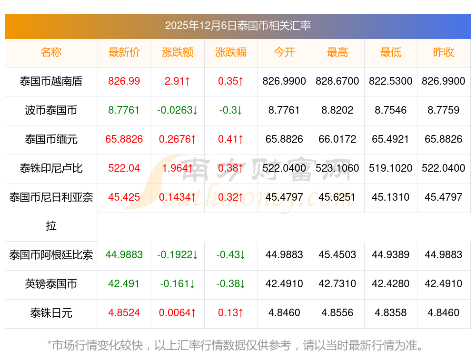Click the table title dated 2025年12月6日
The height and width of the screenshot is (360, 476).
point(238,26)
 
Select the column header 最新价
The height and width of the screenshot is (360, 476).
point(124,52)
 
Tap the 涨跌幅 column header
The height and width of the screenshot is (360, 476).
point(231,52)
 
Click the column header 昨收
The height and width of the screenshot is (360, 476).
point(444,52)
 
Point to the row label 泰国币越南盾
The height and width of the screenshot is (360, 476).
point(51,81)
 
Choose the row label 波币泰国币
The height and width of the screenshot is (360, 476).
point(51,110)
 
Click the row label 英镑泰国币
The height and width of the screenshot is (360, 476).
point(51,284)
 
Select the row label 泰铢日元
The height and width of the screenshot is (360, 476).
point(51,313)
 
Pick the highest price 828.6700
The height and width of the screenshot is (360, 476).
point(337,81)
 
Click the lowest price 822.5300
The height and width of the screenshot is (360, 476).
point(391,81)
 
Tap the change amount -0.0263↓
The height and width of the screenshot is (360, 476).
point(178,110)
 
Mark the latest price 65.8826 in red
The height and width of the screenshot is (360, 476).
point(124,139)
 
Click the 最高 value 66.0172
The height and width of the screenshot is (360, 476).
point(337,139)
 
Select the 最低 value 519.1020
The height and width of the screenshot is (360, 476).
point(391,168)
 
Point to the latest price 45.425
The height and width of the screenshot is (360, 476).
point(124,197)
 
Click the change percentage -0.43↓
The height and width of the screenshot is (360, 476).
point(231,255)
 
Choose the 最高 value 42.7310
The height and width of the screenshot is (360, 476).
point(337,284)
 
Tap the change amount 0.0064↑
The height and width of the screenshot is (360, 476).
point(178,313)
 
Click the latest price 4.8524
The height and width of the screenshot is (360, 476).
point(124,313)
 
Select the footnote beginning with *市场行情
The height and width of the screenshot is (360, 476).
point(236,345)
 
